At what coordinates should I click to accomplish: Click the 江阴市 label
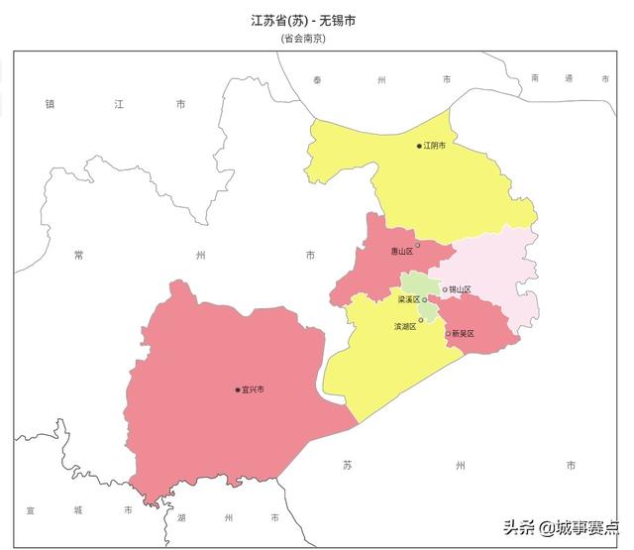[435, 146]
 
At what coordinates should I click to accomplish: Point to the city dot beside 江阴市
[419, 146]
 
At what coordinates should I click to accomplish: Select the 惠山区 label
[401, 252]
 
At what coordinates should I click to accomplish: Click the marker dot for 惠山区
[418, 245]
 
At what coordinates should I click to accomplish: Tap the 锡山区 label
[461, 289]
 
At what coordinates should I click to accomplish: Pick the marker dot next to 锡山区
[445, 289]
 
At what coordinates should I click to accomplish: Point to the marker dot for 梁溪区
[425, 299]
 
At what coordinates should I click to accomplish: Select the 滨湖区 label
[405, 325]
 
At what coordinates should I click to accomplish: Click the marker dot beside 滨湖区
[421, 320]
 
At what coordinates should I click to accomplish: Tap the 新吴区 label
[464, 334]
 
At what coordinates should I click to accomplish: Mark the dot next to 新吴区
[448, 334]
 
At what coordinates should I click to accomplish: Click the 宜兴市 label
[253, 389]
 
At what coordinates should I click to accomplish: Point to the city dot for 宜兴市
[238, 389]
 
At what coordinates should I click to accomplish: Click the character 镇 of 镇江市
[50, 103]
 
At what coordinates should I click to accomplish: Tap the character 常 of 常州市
[79, 255]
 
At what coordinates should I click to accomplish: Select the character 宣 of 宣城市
[31, 509]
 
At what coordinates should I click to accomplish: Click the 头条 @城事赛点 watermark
[561, 527]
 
